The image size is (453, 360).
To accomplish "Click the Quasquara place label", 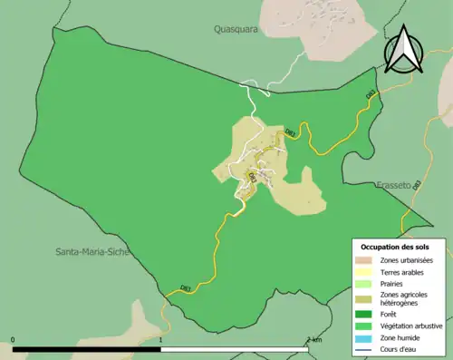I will (236, 28).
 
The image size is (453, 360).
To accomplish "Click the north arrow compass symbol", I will (401, 51).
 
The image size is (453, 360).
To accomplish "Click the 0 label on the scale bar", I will (13, 340).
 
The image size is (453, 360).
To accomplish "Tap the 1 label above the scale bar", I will (161, 340).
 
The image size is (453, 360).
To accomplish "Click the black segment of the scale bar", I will (87, 348).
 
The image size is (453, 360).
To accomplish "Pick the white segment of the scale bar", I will (235, 348).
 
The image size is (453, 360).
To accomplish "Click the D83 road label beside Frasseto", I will (417, 186).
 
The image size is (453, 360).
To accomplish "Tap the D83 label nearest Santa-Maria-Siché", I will (185, 288).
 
